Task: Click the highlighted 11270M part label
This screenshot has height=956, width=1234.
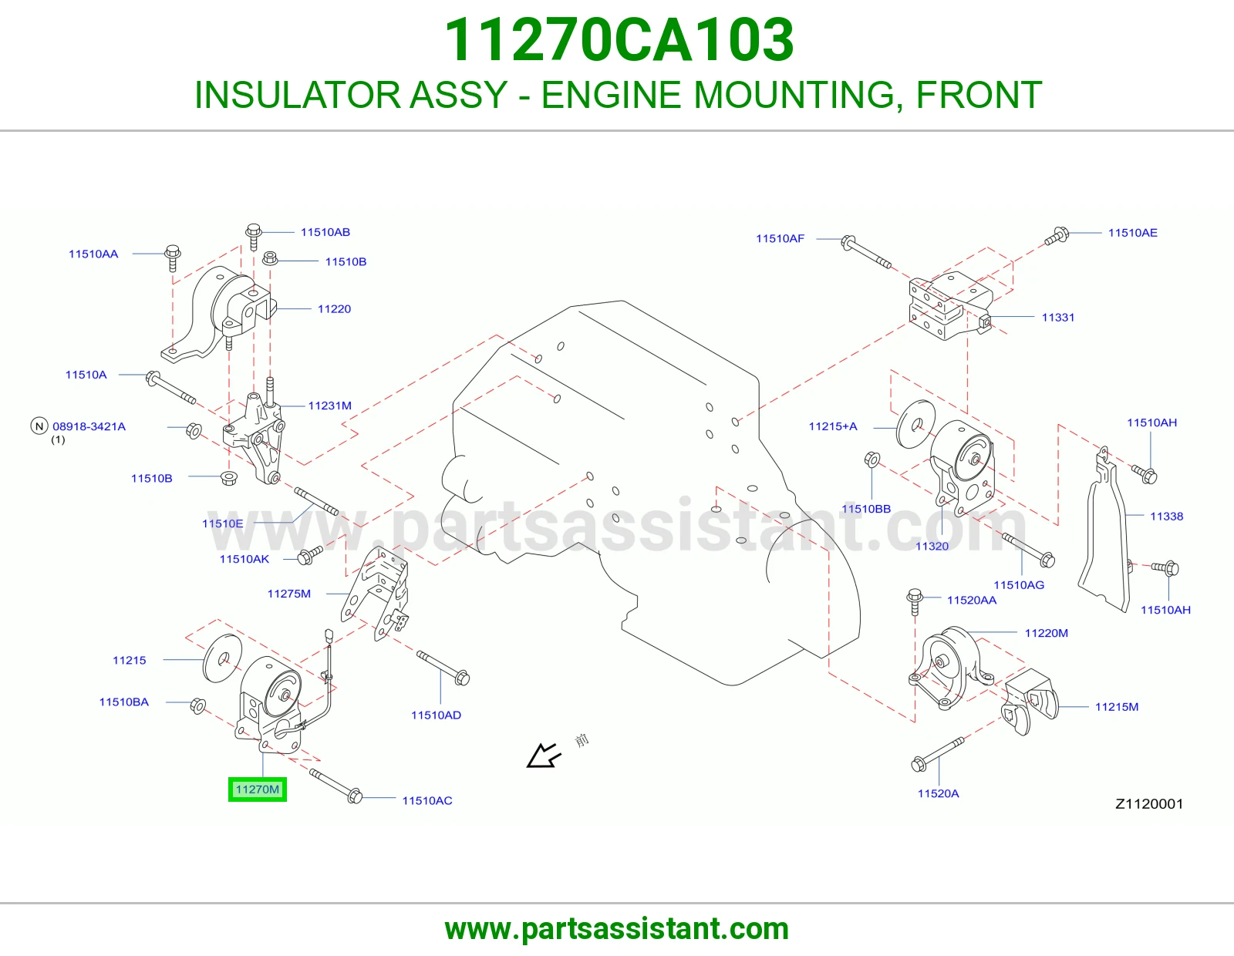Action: pos(258,789)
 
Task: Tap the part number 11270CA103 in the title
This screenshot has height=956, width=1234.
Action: pos(619,40)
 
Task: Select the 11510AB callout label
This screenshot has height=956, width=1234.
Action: pos(325,232)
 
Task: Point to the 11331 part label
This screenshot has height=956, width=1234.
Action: pos(1058,318)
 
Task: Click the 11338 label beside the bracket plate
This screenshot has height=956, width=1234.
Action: pos(1166,516)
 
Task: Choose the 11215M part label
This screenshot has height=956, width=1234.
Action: pos(1117,707)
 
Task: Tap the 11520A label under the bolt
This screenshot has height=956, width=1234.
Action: pos(938,793)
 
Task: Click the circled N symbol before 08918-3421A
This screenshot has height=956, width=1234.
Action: pos(39,426)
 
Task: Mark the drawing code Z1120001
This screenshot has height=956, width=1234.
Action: pos(1149,804)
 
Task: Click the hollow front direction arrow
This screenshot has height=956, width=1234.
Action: pos(544,756)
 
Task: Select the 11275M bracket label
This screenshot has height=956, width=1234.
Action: pos(289,594)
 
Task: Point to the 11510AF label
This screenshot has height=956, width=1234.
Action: pos(780,238)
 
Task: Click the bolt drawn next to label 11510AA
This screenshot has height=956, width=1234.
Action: pos(173,258)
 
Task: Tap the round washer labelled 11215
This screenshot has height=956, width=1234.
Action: pos(222,658)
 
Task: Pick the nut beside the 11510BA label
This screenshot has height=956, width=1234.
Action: pos(197,705)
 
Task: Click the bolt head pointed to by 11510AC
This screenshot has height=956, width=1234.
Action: pos(354,796)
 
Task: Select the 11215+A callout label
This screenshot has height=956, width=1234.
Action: pos(832,426)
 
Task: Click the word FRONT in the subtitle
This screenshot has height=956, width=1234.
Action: pos(979,95)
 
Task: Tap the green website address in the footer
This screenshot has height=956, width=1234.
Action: pos(617,930)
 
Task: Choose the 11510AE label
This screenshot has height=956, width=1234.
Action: pos(1132,233)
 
